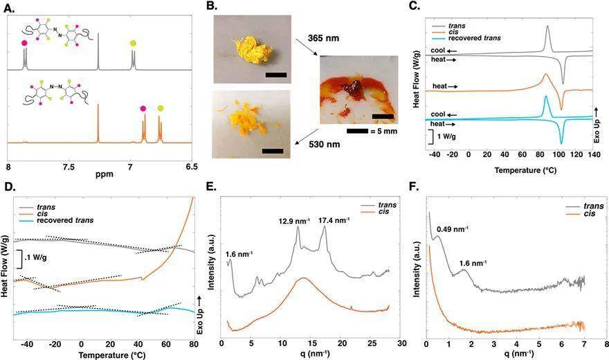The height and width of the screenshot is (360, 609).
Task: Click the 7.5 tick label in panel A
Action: point(69,167)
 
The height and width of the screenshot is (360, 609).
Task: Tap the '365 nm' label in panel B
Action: point(324,38)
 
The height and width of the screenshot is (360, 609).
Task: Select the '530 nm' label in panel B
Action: point(325,145)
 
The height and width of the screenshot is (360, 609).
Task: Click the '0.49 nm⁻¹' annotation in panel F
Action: point(452,229)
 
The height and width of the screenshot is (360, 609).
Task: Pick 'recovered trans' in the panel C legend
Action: point(474,38)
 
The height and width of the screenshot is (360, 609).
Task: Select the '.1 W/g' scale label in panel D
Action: point(35,258)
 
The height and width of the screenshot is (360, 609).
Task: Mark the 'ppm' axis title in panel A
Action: point(104,174)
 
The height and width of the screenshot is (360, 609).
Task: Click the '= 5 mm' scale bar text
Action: point(384,131)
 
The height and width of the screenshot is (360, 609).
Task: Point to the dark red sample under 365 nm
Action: point(354,87)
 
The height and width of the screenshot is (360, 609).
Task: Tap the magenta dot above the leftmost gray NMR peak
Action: point(24,43)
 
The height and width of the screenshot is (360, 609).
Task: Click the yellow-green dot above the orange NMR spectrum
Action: point(161,109)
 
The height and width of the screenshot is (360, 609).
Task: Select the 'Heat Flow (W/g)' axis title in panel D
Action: point(4,267)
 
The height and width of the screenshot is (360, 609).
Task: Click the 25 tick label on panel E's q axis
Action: point(372,343)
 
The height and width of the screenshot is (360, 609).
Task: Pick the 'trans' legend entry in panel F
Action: point(593,206)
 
